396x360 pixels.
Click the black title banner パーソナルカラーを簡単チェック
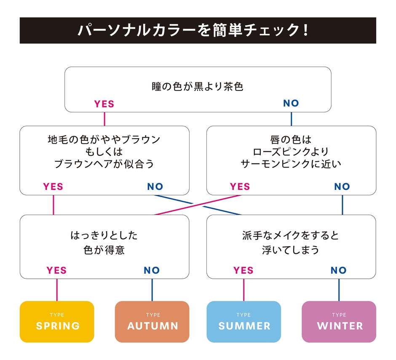tap(198, 30)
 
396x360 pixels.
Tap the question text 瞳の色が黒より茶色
tap(198, 87)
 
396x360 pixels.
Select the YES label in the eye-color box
tap(104, 104)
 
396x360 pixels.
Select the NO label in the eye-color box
tap(291, 104)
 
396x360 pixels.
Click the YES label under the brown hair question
tap(53, 187)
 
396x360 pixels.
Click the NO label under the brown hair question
tap(155, 187)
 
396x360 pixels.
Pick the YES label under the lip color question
tap(240, 187)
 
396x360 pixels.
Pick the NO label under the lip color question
tap(342, 187)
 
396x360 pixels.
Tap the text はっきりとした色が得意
tap(104, 242)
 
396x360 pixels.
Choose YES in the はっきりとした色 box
tap(56, 270)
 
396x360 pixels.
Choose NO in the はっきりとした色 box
tap(152, 270)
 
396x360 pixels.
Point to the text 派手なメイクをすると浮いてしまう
tap(291, 242)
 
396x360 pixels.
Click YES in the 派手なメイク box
tap(243, 270)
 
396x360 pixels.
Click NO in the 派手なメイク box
tap(339, 270)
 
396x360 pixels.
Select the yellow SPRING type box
tap(57, 322)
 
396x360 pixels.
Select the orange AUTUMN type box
tap(152, 322)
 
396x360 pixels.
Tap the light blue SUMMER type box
tap(243, 322)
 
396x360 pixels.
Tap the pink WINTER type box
tap(339, 322)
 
